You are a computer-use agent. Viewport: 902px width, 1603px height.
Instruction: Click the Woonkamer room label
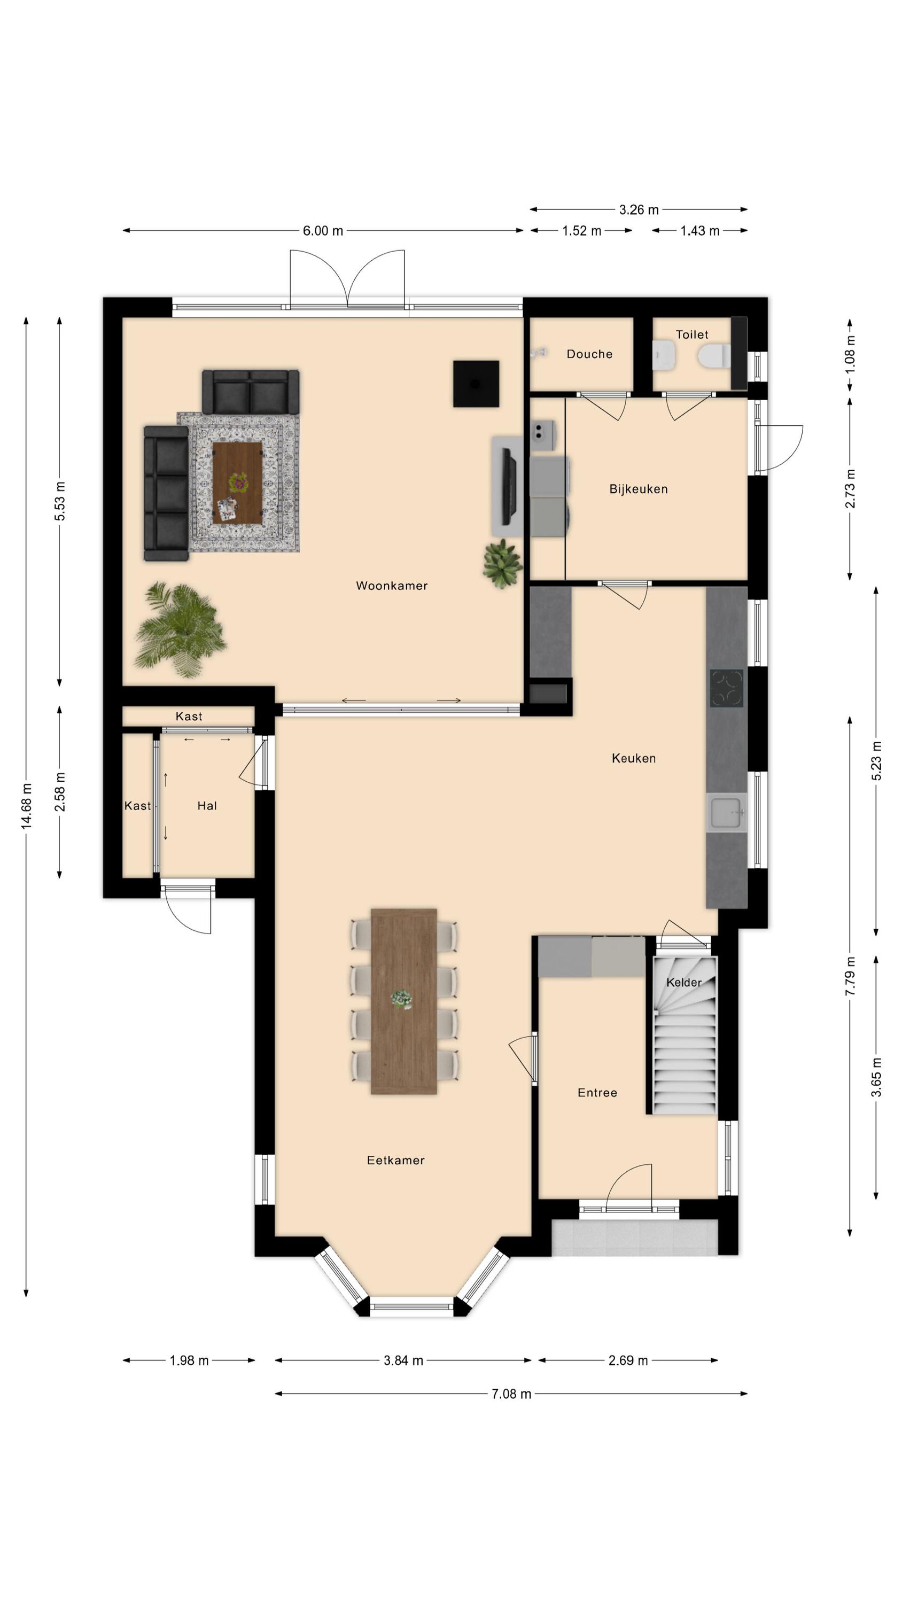pos(392,586)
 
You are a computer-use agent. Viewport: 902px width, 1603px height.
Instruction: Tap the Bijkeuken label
pos(638,489)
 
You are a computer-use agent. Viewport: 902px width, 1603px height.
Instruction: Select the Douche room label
pos(589,354)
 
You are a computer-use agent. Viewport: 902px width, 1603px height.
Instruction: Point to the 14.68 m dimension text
pos(26,806)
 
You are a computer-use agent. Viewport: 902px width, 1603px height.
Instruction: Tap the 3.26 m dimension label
pos(639,209)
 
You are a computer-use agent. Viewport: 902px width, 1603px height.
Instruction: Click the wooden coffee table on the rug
pos(237,483)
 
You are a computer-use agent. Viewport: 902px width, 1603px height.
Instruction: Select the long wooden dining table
pos(403,1001)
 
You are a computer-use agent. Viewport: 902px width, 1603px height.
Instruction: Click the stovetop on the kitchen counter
pos(726,688)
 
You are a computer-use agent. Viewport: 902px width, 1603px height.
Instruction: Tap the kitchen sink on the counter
pos(726,813)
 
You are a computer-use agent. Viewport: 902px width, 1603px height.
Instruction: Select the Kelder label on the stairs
pos(683,983)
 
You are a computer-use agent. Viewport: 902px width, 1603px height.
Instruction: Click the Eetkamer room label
pos(395,1160)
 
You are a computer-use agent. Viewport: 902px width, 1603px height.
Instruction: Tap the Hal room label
pos(207,806)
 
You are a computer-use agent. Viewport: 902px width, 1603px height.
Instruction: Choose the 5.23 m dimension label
pos(876,760)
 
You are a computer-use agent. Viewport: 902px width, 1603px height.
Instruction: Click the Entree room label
pos(597,1093)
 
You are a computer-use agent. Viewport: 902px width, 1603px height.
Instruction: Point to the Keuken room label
pos(633,758)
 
